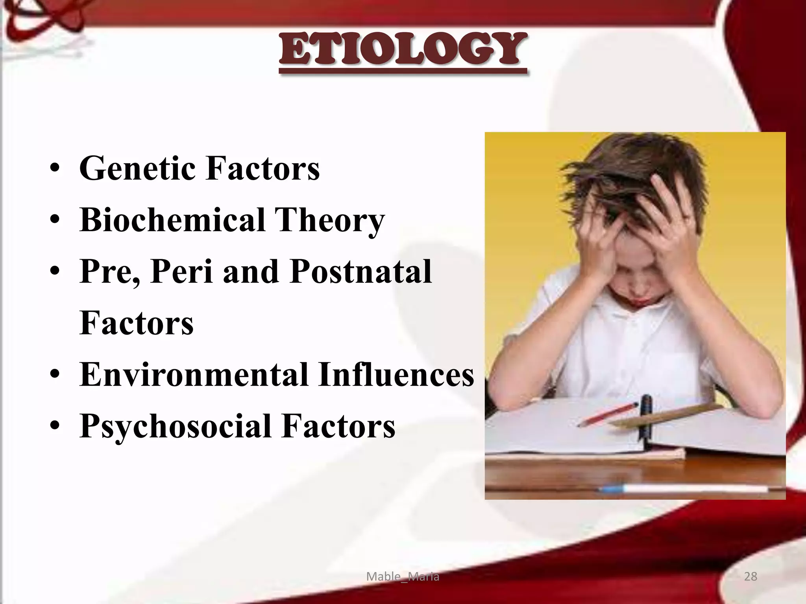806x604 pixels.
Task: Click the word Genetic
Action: (138, 168)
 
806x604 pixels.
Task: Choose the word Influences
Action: (396, 374)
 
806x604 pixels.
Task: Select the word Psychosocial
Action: (175, 426)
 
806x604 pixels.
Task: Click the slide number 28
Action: (751, 576)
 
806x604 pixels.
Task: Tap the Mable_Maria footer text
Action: (403, 576)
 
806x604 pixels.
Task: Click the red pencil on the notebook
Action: (608, 414)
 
